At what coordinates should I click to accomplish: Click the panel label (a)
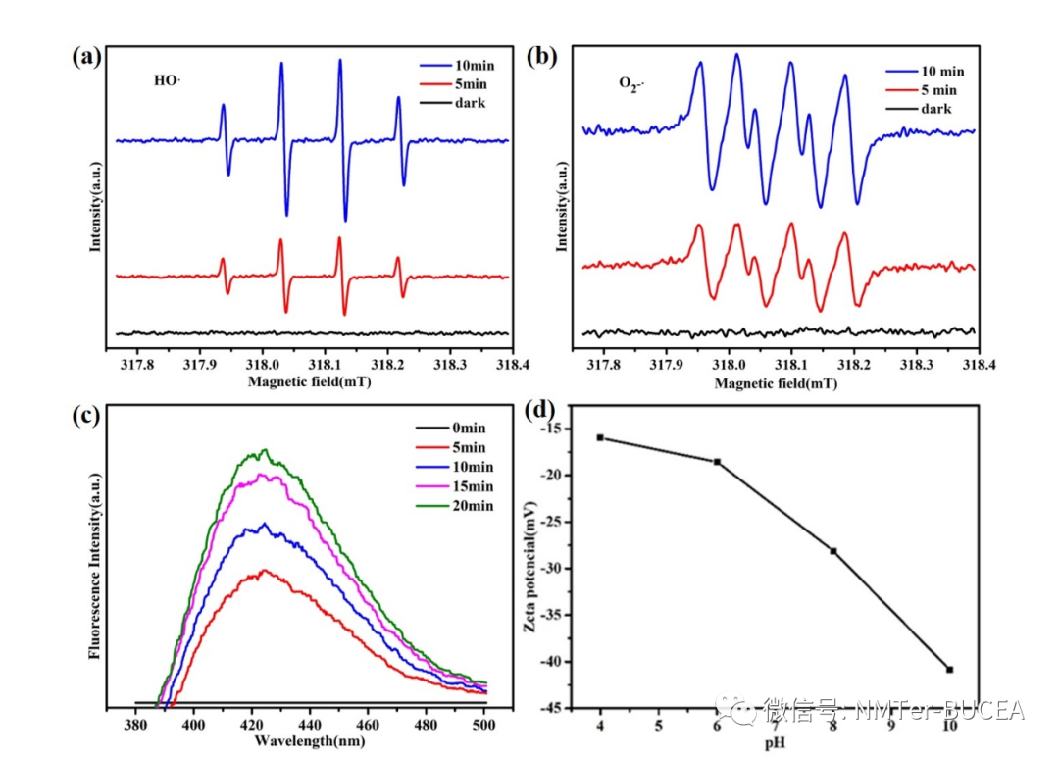86,56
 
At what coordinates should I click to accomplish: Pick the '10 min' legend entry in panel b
942,71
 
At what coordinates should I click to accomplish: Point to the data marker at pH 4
600,437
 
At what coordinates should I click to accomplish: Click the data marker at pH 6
717,462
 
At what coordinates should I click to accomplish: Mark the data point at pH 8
833,551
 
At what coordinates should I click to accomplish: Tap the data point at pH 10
949,670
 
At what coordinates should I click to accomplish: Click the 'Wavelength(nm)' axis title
310,741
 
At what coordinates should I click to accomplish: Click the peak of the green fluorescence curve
263,450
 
